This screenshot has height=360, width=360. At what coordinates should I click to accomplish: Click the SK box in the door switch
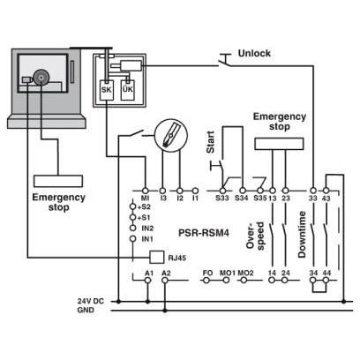pyautogui.click(x=107, y=90)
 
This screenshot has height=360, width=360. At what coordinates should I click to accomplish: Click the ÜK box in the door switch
pyautogui.click(x=128, y=90)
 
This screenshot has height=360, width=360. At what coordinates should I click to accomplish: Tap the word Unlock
pyautogui.click(x=254, y=53)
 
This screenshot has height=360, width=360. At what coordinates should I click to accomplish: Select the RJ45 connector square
pyautogui.click(x=157, y=258)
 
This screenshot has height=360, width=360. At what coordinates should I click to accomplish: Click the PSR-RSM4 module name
pyautogui.click(x=204, y=233)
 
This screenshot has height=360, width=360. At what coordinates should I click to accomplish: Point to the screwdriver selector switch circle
pyautogui.click(x=171, y=136)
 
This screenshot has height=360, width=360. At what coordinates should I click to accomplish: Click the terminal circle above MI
pyautogui.click(x=145, y=191)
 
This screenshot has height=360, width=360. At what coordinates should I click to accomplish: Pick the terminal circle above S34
pyautogui.click(x=243, y=191)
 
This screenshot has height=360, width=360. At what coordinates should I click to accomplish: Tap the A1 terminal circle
pyautogui.click(x=148, y=281)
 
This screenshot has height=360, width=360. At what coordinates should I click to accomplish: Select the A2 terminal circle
pyautogui.click(x=165, y=281)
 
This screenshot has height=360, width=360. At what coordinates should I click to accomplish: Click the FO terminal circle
pyautogui.click(x=206, y=281)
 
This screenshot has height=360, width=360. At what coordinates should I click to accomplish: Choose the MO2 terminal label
pyautogui.click(x=245, y=273)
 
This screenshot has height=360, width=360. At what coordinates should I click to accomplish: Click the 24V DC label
pyautogui.click(x=91, y=301)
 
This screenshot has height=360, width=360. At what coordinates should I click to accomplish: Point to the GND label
pyautogui.click(x=86, y=310)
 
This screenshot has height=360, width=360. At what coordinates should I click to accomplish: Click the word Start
pyautogui.click(x=211, y=142)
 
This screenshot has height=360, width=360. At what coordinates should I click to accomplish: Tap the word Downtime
pyautogui.click(x=302, y=235)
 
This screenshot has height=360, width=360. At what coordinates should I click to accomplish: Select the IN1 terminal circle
pyautogui.click(x=133, y=239)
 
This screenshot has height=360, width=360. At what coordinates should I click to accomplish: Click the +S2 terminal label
pyautogui.click(x=144, y=206)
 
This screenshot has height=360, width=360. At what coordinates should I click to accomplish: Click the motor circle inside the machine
pyautogui.click(x=41, y=78)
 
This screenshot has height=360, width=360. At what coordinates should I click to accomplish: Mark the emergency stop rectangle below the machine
pyautogui.click(x=58, y=181)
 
